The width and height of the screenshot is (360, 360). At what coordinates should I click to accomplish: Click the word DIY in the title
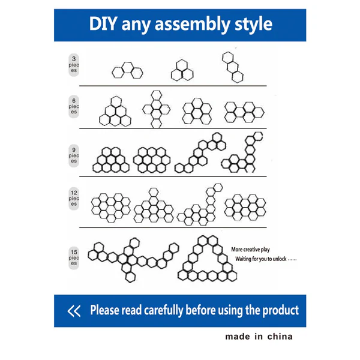pos(103,24)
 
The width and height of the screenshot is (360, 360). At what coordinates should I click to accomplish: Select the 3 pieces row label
pos(74,65)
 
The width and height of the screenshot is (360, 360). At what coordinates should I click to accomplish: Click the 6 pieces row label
pos(74,107)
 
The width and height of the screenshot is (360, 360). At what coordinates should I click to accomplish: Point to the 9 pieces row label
pos(74,155)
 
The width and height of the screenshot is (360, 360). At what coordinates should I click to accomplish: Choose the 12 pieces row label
pos(74,199)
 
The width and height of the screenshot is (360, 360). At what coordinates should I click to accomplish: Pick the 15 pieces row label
pos(74,258)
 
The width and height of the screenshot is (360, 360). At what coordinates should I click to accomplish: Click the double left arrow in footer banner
pos(74,311)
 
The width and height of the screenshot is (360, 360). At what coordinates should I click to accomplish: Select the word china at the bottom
pos(280,337)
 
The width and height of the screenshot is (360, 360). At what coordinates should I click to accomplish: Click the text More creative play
pos(250,250)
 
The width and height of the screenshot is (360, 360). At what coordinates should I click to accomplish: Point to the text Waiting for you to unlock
pos(261,259)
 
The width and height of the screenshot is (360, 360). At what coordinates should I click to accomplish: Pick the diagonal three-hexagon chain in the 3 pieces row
pos(233,67)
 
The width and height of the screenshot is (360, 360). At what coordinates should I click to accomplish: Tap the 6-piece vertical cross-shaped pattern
pos(157,110)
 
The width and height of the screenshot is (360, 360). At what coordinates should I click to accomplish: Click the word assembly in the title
pos(192,25)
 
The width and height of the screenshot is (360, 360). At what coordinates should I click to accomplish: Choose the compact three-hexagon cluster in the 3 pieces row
pos(182,70)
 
